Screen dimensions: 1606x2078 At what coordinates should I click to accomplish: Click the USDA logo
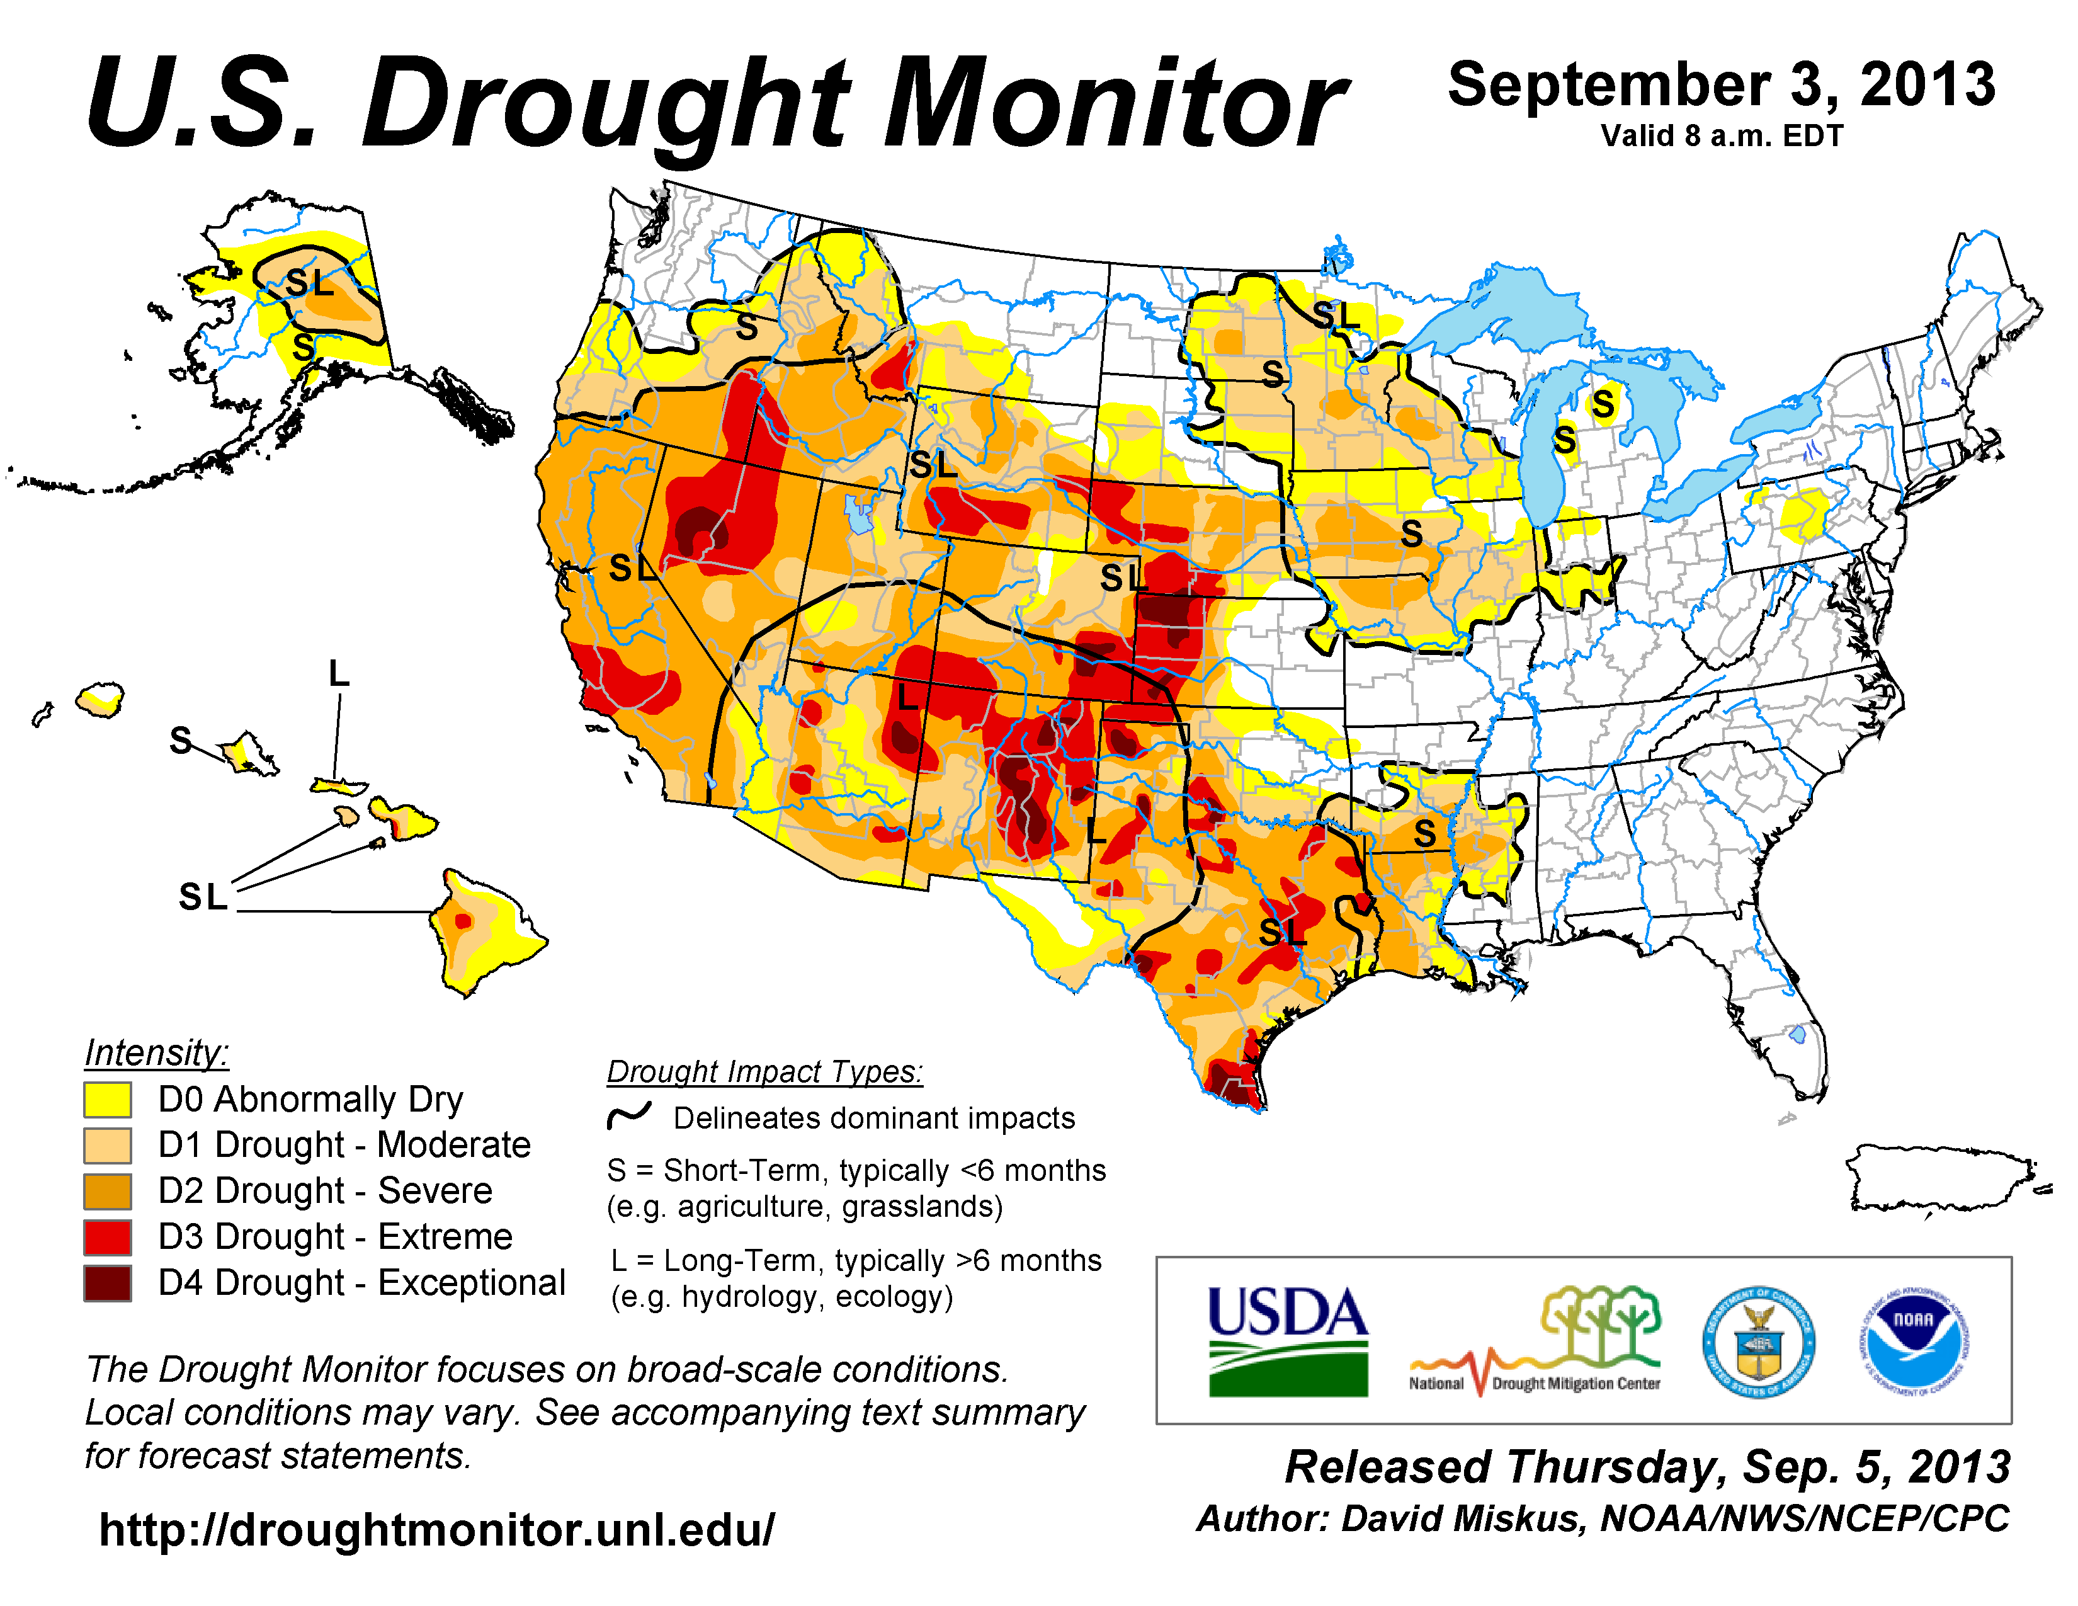click(1287, 1341)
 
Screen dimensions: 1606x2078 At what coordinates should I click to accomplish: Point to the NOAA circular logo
click(1914, 1341)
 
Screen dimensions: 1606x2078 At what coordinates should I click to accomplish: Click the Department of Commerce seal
click(1758, 1341)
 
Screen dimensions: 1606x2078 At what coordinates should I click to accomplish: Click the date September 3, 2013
click(1721, 86)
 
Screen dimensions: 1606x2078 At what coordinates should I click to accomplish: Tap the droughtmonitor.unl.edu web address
click(437, 1530)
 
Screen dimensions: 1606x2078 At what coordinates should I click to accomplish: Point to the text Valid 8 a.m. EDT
click(1721, 136)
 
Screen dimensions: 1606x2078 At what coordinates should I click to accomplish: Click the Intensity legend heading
click(156, 1053)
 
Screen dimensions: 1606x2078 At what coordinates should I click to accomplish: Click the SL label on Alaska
click(310, 283)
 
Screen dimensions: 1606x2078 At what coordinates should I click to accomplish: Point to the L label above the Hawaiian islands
click(339, 674)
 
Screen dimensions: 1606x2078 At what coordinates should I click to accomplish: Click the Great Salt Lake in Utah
click(859, 514)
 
